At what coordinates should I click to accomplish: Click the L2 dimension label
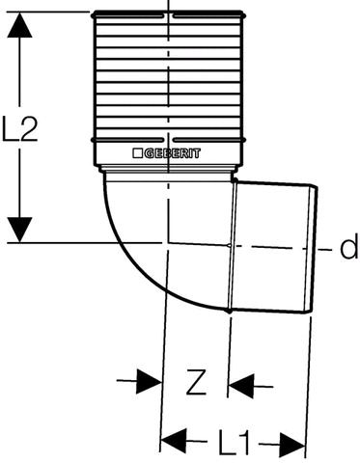[20, 128]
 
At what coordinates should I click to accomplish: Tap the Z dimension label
[196, 382]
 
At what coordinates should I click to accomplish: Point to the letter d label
[349, 246]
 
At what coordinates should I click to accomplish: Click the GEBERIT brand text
[172, 153]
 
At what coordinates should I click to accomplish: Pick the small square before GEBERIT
[138, 153]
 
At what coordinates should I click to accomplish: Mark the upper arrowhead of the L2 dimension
[20, 25]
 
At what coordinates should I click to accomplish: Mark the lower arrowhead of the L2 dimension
[20, 230]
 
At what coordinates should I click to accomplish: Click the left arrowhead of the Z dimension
[149, 381]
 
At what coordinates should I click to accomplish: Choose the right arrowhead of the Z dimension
[241, 385]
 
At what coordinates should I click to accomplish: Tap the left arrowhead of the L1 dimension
[174, 440]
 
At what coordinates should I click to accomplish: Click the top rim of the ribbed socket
[168, 14]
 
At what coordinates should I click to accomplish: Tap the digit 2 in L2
[28, 128]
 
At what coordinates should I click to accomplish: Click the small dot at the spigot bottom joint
[229, 312]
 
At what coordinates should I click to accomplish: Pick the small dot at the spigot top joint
[235, 180]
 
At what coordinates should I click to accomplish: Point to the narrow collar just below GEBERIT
[168, 170]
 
